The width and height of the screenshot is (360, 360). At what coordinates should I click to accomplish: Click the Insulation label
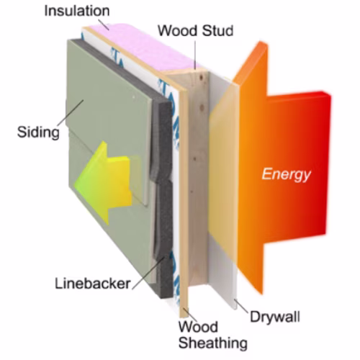[77, 12]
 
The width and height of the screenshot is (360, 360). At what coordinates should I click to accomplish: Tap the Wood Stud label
[196, 31]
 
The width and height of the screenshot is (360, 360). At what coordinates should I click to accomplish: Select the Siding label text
[38, 132]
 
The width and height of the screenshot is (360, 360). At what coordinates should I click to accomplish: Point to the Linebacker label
[93, 284]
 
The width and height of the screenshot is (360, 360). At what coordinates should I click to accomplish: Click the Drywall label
[275, 317]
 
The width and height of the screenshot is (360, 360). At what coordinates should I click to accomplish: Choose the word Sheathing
[213, 343]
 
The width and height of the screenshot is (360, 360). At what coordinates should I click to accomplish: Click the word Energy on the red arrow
[286, 174]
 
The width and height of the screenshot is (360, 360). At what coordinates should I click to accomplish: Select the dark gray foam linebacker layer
[163, 192]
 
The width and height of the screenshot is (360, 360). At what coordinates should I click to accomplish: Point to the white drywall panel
[223, 192]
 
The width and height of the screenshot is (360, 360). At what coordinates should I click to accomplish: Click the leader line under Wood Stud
[195, 55]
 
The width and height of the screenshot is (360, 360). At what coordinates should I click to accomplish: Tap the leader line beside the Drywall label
[241, 306]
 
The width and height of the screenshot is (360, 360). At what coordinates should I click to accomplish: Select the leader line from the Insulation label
[104, 24]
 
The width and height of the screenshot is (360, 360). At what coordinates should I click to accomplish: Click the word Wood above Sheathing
[198, 327]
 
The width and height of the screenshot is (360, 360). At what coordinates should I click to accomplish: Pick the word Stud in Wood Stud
[217, 31]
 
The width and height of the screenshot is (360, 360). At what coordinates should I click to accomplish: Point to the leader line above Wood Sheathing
[189, 315]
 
